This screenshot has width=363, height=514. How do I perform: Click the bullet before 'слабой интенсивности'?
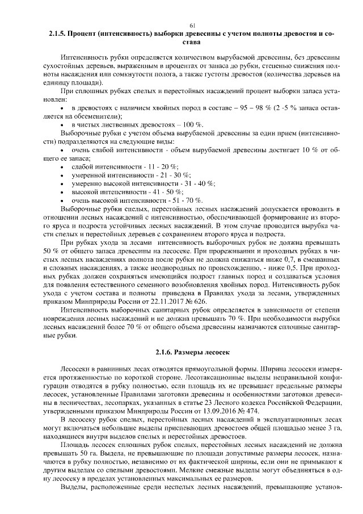pos(61,166)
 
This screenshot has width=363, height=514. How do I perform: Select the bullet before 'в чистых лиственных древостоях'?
pos(61,124)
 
